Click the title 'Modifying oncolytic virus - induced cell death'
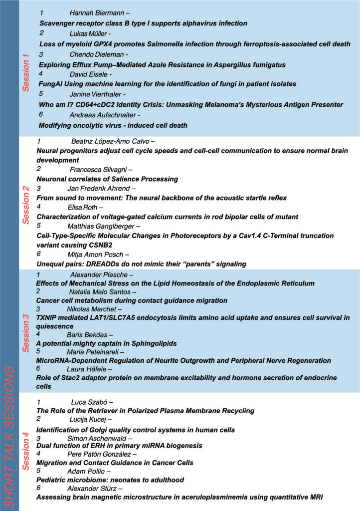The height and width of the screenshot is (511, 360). tap(113, 125)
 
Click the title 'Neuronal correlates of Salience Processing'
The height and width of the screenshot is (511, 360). tap(107, 179)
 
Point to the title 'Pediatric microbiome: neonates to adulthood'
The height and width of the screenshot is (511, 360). tap(110, 480)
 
